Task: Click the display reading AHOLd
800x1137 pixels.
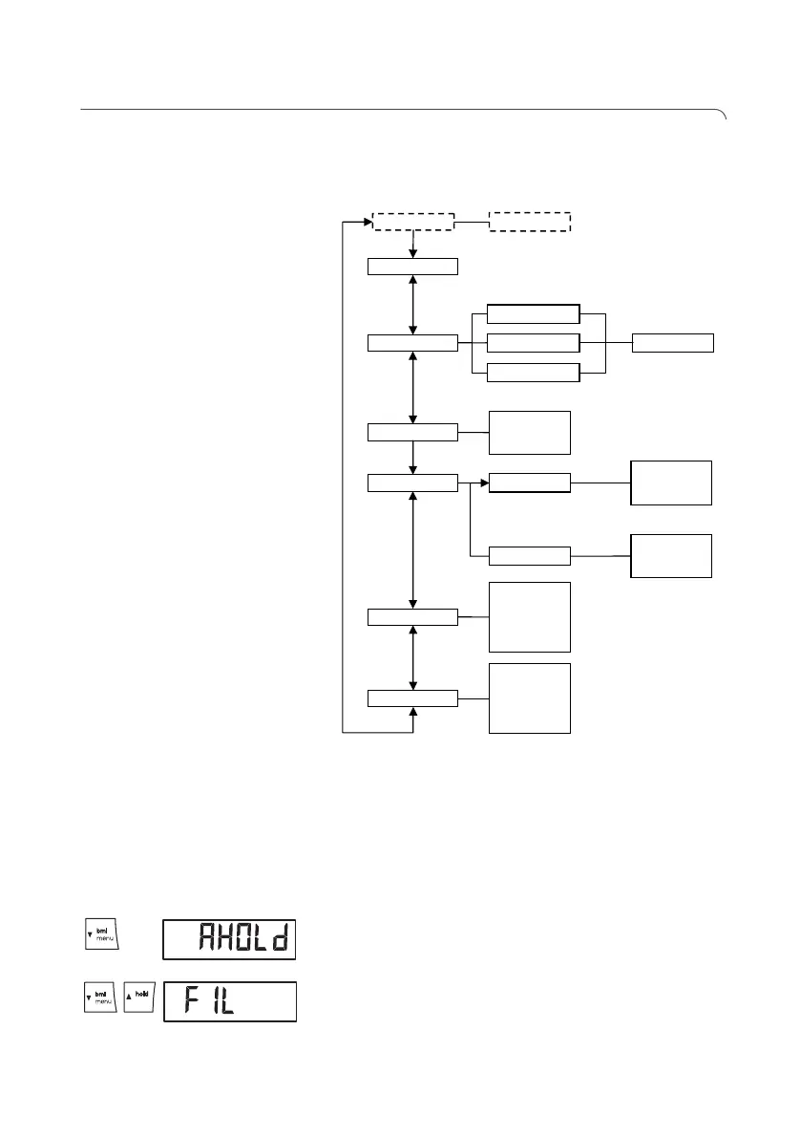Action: pyautogui.click(x=229, y=940)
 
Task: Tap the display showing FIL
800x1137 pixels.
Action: pyautogui.click(x=229, y=1000)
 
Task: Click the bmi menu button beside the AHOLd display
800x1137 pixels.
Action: pyautogui.click(x=97, y=939)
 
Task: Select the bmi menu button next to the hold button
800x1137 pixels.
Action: pyautogui.click(x=97, y=999)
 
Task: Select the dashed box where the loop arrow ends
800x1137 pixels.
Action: pyautogui.click(x=413, y=222)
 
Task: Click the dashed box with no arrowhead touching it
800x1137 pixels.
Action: pyautogui.click(x=530, y=222)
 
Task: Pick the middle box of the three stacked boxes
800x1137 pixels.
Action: pyautogui.click(x=533, y=343)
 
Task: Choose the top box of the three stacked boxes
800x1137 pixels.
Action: pyautogui.click(x=533, y=315)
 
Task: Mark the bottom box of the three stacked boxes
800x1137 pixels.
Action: pyautogui.click(x=533, y=373)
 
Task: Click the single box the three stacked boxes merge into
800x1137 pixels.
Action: pyautogui.click(x=672, y=343)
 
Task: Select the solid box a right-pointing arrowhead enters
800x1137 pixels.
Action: pyautogui.click(x=529, y=483)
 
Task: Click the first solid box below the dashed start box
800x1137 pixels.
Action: pyautogui.click(x=413, y=267)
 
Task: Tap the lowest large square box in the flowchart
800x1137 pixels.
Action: pyautogui.click(x=530, y=698)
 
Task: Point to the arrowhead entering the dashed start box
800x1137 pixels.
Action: pyautogui.click(x=367, y=222)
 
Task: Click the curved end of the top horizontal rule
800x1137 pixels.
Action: pyautogui.click(x=723, y=116)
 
